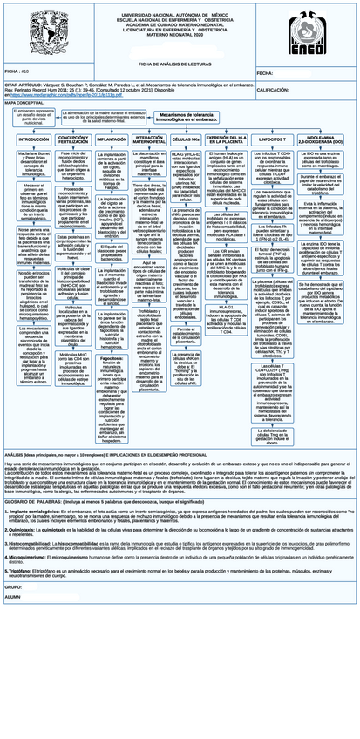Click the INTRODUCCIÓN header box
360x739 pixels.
pos(33,139)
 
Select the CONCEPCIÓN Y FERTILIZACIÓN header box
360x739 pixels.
pos(72,139)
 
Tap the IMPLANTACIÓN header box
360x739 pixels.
pos(112,139)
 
